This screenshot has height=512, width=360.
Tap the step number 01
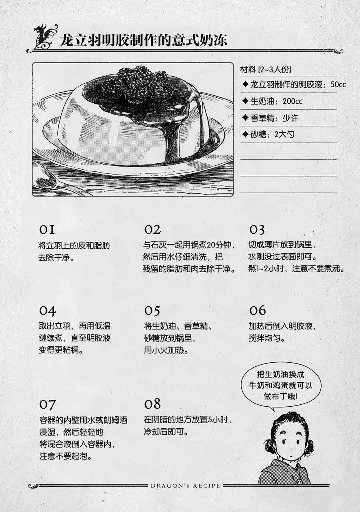point(47,229)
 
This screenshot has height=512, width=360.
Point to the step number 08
point(152,404)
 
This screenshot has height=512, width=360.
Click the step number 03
point(257,230)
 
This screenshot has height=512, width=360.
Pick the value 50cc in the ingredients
point(338,84)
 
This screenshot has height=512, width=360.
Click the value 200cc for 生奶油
point(292,101)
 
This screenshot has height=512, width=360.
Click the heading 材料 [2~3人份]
point(266,70)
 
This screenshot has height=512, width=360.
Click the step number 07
point(47,404)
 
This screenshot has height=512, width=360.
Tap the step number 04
point(47,311)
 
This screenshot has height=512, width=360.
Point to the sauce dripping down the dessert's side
point(170,137)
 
